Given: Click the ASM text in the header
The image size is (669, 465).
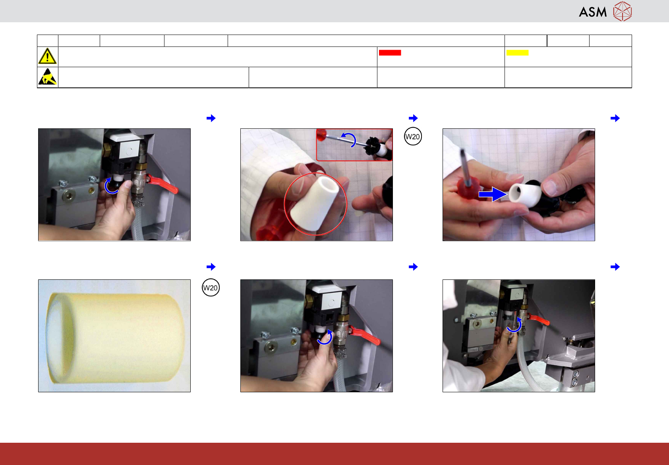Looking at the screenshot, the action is click(593, 12).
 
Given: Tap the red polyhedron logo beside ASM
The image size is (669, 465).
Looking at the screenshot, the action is click(623, 11).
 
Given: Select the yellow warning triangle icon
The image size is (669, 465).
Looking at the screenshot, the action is click(47, 56).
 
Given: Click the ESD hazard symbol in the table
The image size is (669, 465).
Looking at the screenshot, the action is click(47, 77).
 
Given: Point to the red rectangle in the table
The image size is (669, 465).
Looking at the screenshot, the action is click(390, 52).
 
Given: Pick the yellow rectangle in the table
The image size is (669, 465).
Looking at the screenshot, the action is click(517, 52).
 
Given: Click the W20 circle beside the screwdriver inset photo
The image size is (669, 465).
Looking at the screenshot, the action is click(413, 137).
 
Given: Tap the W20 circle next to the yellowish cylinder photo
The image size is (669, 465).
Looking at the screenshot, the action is click(211, 287).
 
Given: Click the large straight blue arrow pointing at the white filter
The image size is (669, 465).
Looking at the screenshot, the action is click(493, 194).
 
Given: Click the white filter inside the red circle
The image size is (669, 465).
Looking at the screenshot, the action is click(315, 203).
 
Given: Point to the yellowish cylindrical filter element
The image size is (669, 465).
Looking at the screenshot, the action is click(115, 338).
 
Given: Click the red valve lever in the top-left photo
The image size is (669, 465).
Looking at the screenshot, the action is click(163, 184).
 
